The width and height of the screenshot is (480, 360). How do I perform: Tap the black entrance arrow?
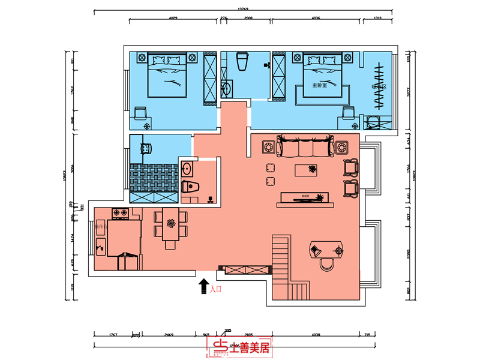203,286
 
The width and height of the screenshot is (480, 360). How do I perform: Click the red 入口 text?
215,289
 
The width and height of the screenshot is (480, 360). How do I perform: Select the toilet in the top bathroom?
242,61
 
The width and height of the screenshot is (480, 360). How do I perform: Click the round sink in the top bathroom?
227,89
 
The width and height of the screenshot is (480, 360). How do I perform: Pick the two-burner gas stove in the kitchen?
118,212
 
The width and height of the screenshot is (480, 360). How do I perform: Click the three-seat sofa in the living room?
305,146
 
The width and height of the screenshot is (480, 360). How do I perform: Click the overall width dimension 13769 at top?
242,8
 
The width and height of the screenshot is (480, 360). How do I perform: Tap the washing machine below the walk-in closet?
374,122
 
